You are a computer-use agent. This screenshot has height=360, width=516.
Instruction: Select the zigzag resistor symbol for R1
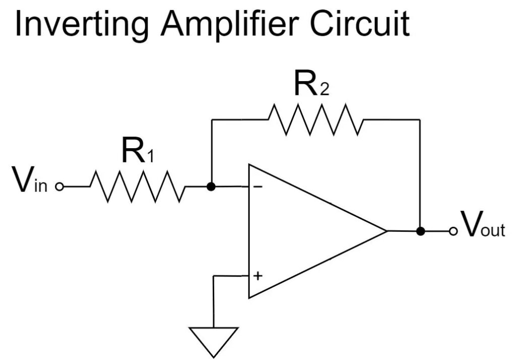138,187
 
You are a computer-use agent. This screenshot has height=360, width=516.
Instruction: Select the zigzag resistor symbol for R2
315,119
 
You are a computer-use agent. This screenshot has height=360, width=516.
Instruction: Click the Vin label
25,182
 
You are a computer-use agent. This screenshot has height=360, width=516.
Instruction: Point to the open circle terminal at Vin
59,187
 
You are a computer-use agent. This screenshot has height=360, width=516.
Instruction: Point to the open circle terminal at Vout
453,231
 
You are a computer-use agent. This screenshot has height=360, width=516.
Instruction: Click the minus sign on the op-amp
257,187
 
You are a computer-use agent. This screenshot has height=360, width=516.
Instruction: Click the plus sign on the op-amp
257,276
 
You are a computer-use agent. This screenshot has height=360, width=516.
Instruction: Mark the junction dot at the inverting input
212,187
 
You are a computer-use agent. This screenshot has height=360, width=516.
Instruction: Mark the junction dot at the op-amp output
420,231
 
